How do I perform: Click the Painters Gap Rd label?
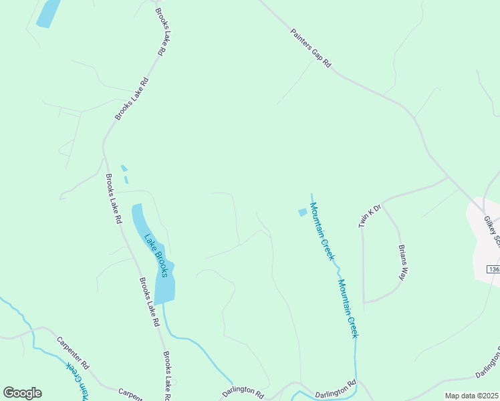coord(311,48)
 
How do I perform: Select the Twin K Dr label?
coord(369,215)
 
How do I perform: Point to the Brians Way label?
coord(403,262)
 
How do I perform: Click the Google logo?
coord(22,393)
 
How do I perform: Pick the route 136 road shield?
coord(493,269)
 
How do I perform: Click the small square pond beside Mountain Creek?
coord(302,213)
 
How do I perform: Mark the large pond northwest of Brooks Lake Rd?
coord(47,13)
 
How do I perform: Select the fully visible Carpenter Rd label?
coord(73,352)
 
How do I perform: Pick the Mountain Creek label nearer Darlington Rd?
coord(348,307)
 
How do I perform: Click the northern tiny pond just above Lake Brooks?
coord(123,168)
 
